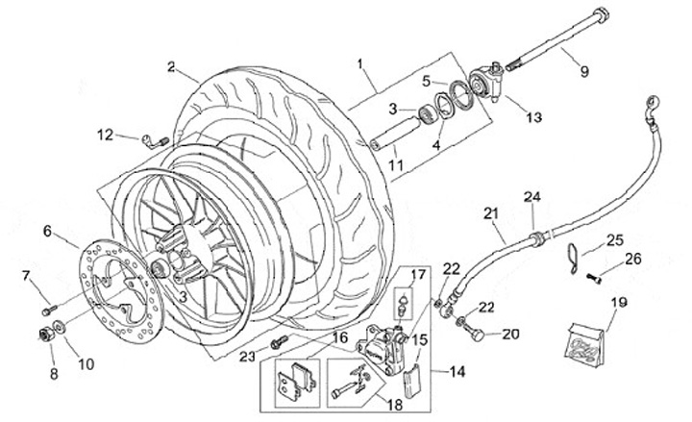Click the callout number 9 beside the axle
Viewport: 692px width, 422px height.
tap(584, 71)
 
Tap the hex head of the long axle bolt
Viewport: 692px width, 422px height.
tap(601, 16)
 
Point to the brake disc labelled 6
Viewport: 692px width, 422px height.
tap(122, 290)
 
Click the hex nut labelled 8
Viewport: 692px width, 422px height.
tap(46, 335)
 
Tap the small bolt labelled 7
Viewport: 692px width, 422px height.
tap(49, 310)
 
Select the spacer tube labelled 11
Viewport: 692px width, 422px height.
tap(395, 133)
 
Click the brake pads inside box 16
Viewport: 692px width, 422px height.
tap(297, 381)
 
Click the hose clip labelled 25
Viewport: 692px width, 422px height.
tap(573, 259)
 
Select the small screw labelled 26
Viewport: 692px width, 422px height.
tap(594, 279)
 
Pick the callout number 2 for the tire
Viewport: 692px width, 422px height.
tap(171, 67)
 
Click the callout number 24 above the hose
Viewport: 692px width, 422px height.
tap(532, 197)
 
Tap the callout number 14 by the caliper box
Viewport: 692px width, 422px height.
tap(457, 372)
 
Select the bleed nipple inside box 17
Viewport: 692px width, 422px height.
tap(403, 305)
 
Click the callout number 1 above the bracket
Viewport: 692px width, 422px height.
tap(359, 64)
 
